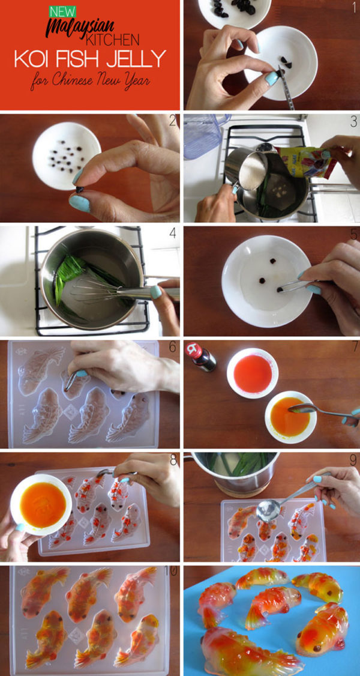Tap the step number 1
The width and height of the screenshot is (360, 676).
353,8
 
